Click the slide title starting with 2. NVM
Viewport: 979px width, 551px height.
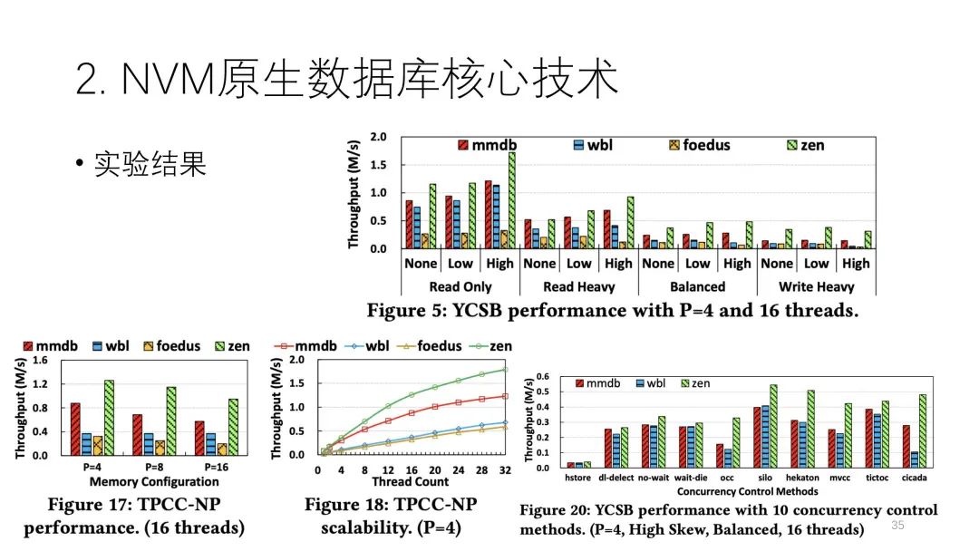347,80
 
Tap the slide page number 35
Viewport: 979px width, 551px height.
898,526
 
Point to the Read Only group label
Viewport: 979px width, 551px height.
460,286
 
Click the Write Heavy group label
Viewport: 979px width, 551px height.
817,286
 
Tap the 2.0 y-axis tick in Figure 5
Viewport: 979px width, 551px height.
378,138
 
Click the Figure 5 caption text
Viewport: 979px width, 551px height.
612,311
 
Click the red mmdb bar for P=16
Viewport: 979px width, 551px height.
199,438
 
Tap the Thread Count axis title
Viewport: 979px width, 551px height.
410,481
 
